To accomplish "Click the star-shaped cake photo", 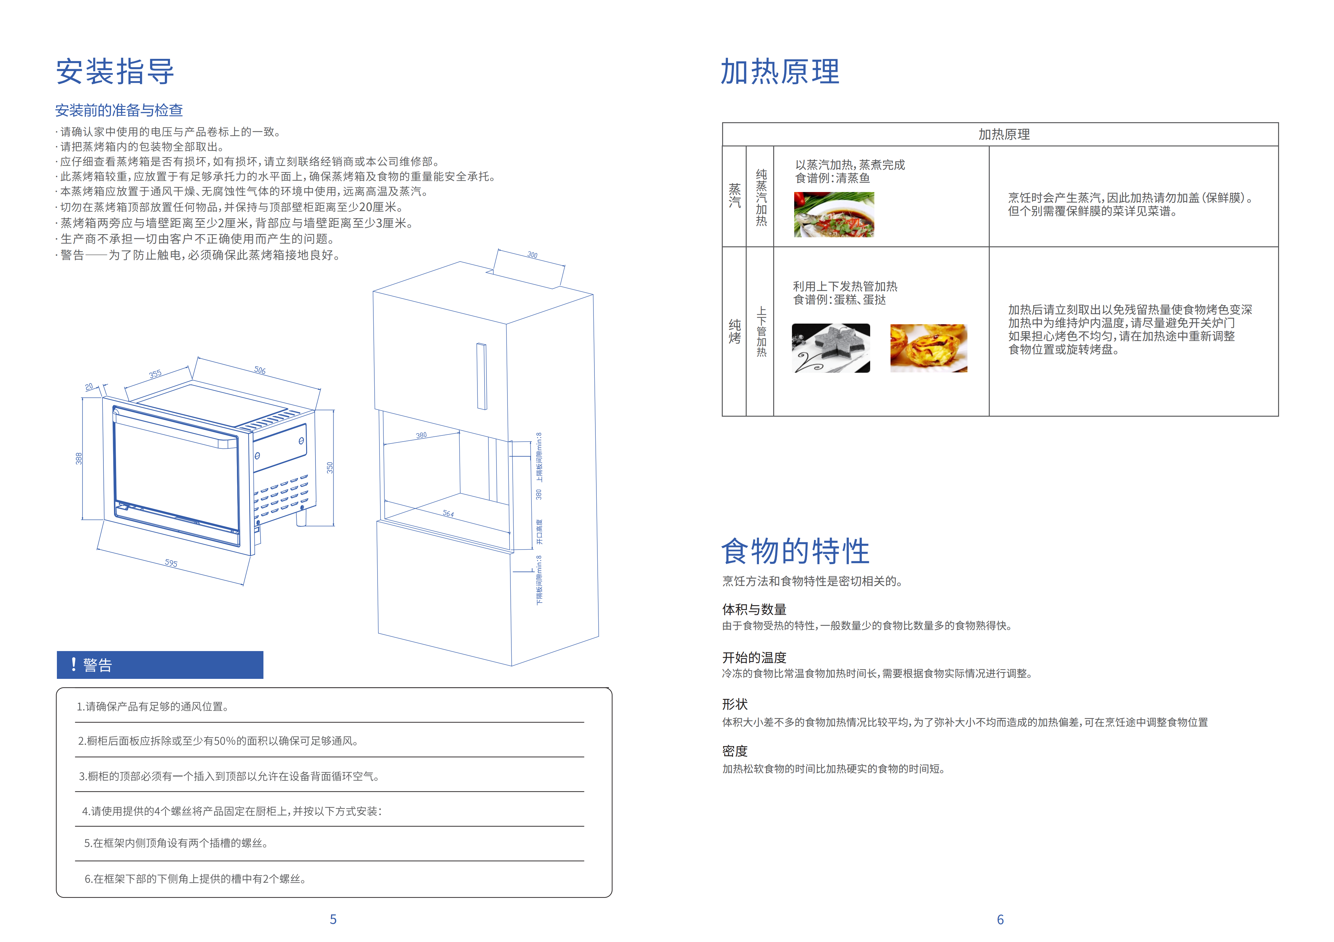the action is point(831,348).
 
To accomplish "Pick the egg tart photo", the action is point(928,348).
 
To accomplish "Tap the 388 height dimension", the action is point(79,458).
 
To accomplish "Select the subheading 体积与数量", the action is point(753,609).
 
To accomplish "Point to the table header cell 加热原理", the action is point(1003,134).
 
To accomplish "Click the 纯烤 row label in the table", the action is point(734,331).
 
